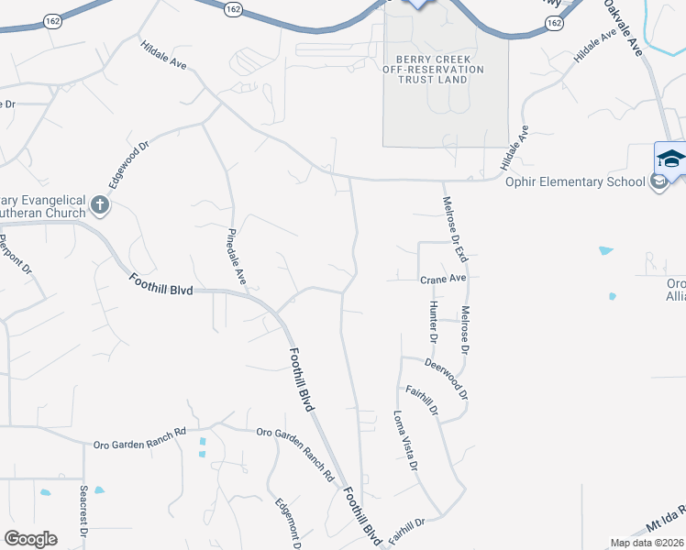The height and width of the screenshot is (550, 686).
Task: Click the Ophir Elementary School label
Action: pyautogui.click(x=575, y=181)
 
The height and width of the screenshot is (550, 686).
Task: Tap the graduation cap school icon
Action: pyautogui.click(x=671, y=158)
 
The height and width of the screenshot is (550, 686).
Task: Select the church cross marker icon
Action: pyautogui.click(x=101, y=206)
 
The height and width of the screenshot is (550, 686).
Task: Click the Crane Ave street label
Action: pyautogui.click(x=444, y=279)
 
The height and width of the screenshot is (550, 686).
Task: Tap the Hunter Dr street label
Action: pyautogui.click(x=432, y=322)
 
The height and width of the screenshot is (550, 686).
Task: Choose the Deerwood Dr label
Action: pyautogui.click(x=446, y=379)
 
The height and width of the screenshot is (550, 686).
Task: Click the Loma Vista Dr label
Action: pyautogui.click(x=405, y=442)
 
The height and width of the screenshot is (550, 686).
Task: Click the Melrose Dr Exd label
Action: pyautogui.click(x=455, y=229)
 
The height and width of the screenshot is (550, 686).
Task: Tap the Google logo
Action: pyautogui.click(x=31, y=538)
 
